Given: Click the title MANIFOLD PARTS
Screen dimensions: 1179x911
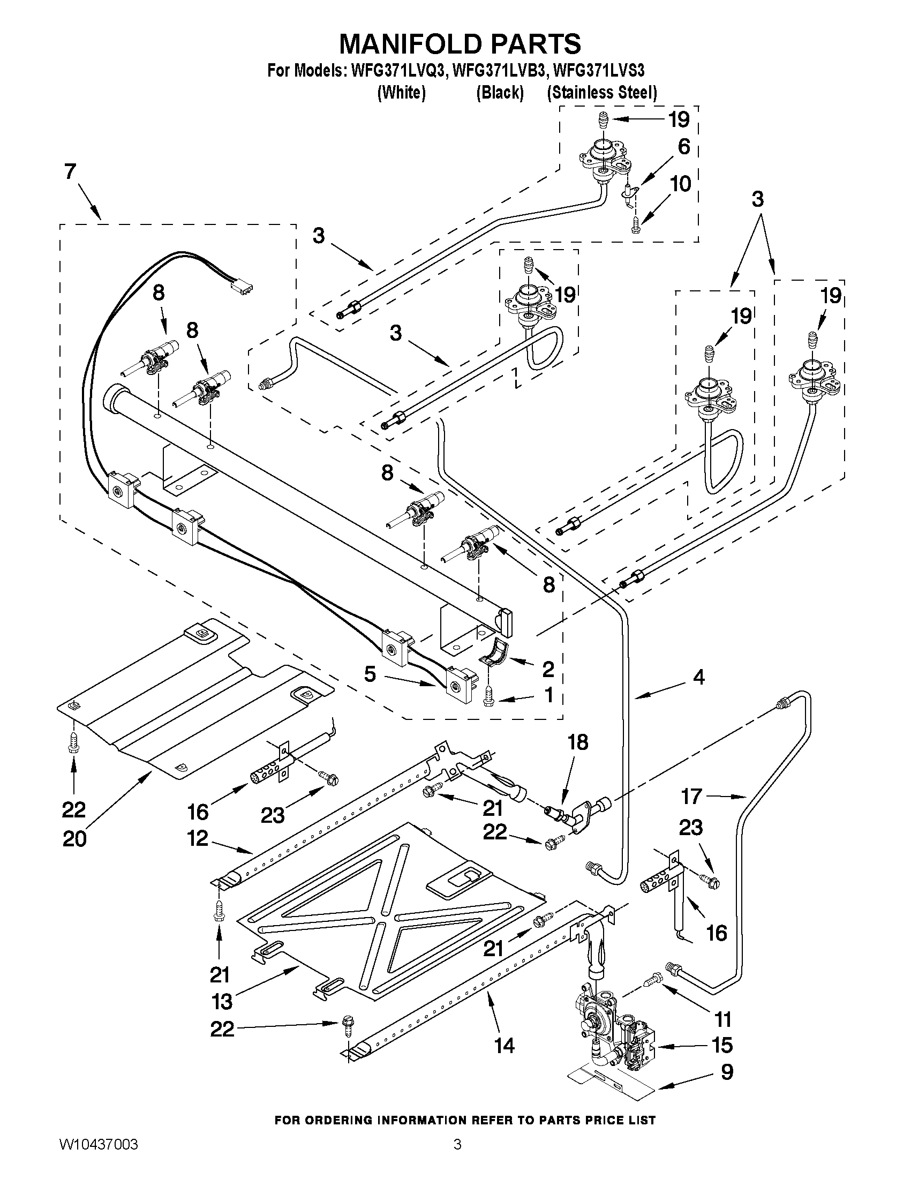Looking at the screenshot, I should point(460,44).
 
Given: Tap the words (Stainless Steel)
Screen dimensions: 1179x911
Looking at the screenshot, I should point(602,93).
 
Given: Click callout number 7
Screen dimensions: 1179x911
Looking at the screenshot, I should point(71,171).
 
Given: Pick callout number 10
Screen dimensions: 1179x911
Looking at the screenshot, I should point(680,184).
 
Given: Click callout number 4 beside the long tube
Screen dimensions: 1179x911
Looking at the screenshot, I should point(698,677).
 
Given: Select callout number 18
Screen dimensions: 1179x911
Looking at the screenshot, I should point(577,742).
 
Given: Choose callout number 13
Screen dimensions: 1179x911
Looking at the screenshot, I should point(222,1001).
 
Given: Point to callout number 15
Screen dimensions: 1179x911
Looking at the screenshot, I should point(722,1045).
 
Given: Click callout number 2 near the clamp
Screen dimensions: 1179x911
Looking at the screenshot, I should point(548,670).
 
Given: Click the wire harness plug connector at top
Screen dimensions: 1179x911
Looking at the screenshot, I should point(241,289).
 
